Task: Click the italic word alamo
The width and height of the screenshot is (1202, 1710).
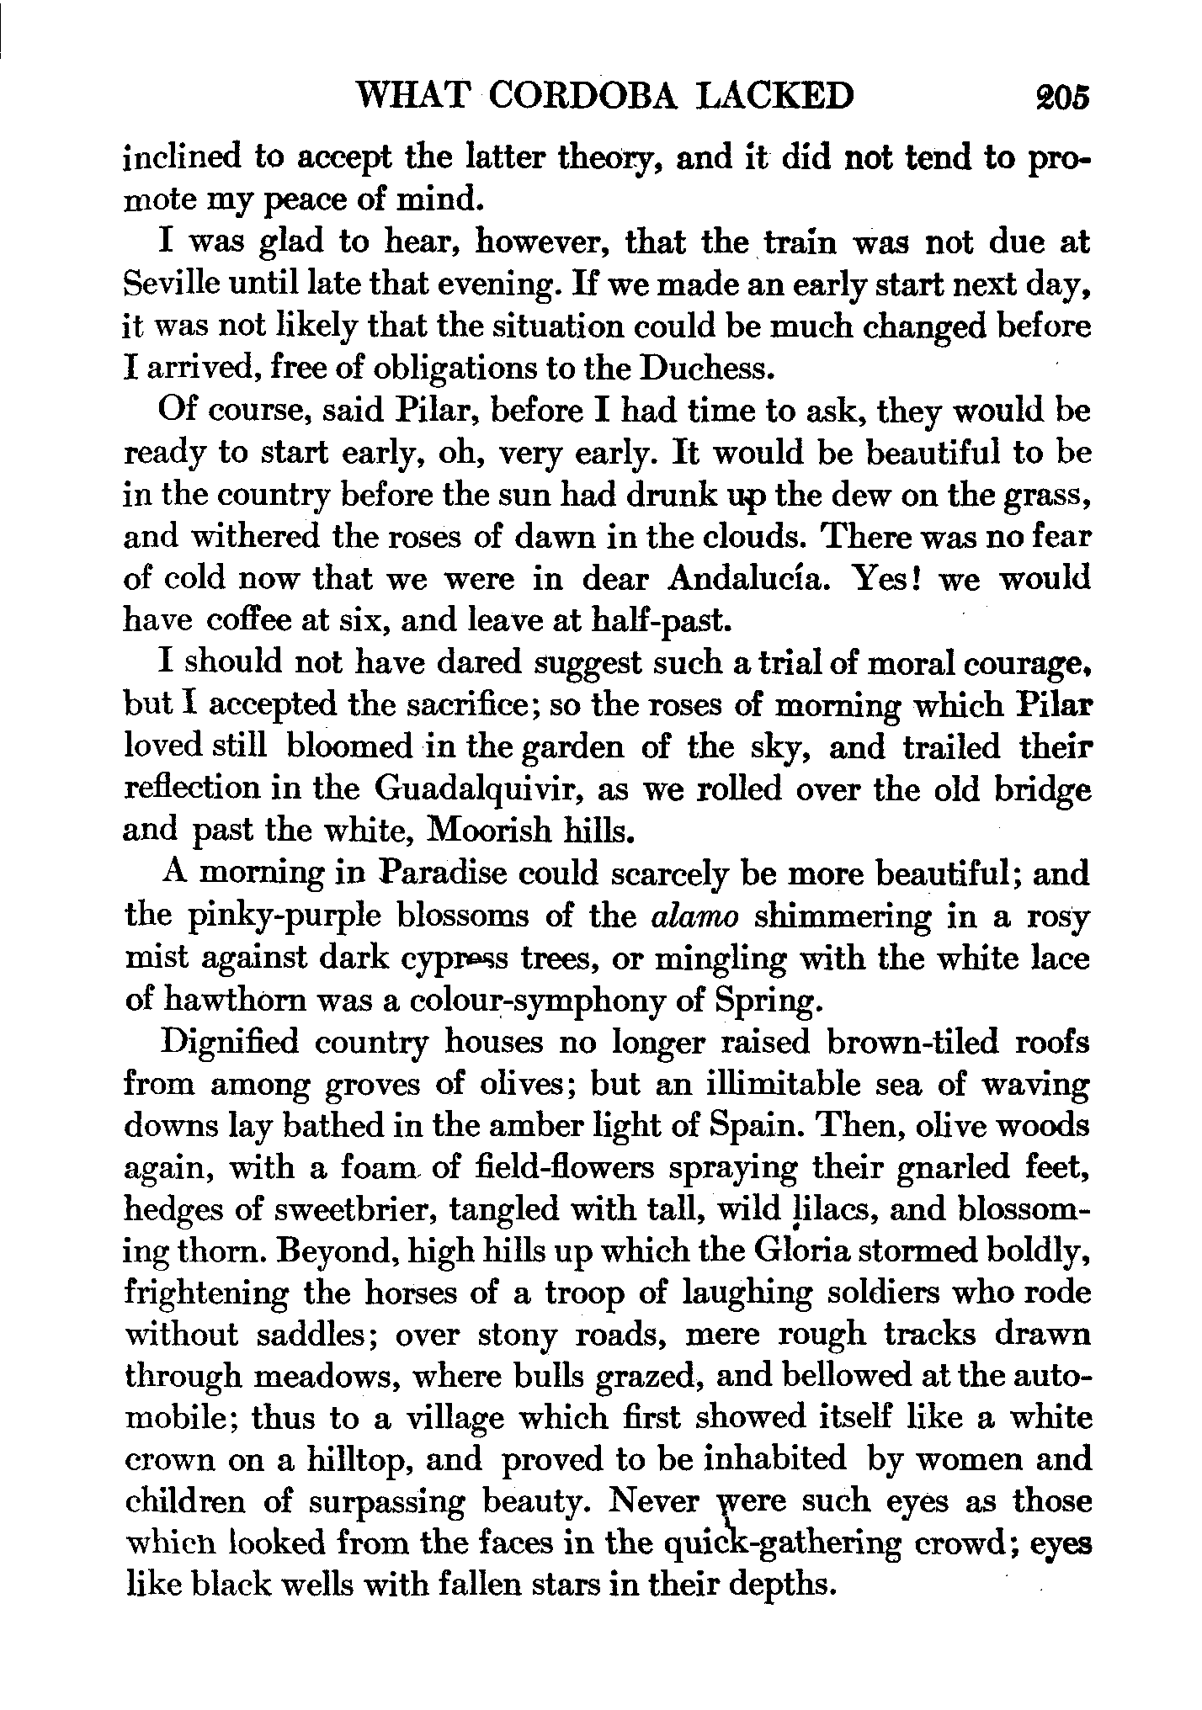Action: click(x=696, y=916)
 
